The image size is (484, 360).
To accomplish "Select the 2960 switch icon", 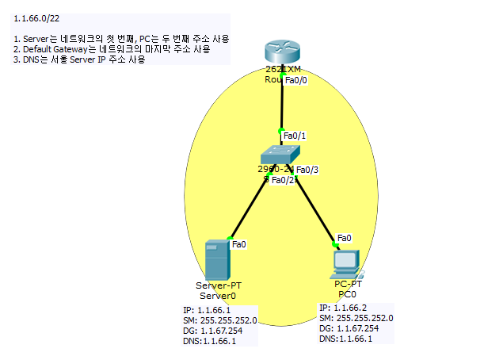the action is pos(280,155).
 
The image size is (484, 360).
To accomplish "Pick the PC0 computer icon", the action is pos(347,262).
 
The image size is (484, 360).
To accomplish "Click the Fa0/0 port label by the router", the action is pos(295,80).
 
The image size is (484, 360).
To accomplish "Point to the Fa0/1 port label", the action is pos(295,136).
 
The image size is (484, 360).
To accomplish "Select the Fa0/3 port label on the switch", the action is pos(307,170).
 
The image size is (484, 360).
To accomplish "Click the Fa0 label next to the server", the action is pos(238,244).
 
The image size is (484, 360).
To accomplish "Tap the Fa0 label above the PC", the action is pos(345,237).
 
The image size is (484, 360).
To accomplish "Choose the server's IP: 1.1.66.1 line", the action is pos(206,310).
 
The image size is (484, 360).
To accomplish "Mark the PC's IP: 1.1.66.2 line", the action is pos(343,308).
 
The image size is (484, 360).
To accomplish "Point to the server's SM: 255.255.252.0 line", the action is pos(219,320).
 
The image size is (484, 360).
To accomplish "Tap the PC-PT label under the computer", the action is pos(348,283).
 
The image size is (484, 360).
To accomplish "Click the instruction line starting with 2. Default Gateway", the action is pos(112,49).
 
